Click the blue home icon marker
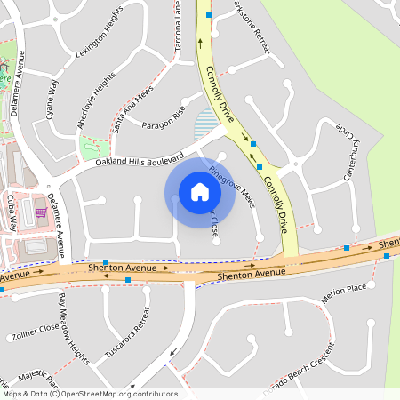pos(200,191)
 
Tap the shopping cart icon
pos(41,212)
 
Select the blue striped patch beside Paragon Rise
pos(205,122)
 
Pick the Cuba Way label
pos(12,212)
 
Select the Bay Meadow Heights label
pos(75,328)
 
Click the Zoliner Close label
pos(36,333)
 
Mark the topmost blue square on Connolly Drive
pos(209,14)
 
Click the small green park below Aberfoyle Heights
pos(91,148)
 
